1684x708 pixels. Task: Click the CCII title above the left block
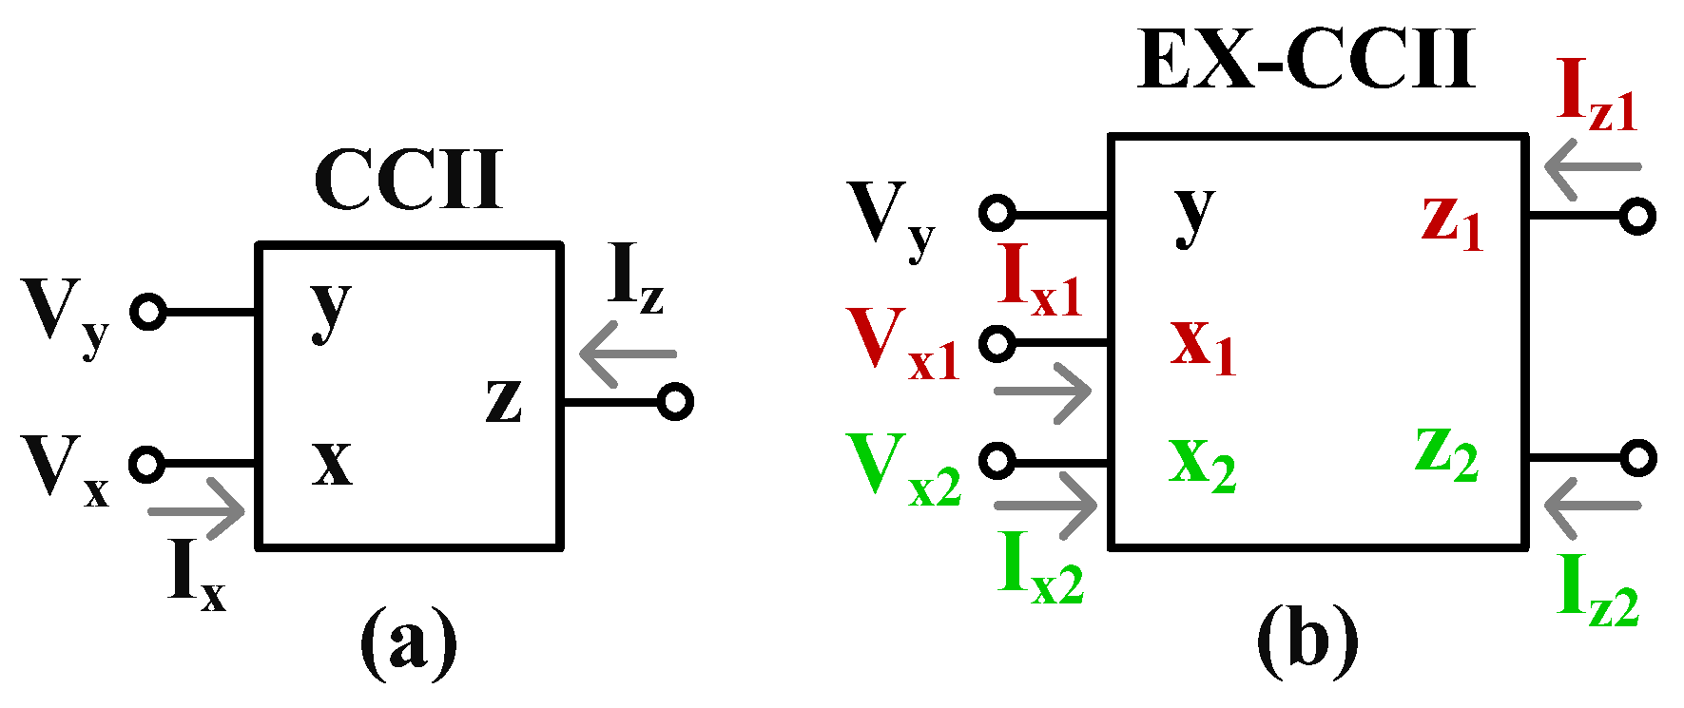[x=407, y=181]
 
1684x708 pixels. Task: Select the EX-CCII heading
[x=1306, y=60]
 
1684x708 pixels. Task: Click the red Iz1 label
[x=1597, y=95]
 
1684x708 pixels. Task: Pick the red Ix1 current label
[x=1041, y=280]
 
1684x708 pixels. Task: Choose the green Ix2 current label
[x=1041, y=571]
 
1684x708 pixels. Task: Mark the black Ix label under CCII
[x=197, y=575]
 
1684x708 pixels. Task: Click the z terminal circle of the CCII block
[x=675, y=403]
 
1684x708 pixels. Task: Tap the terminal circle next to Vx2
[x=997, y=461]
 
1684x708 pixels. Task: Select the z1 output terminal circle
[x=1636, y=217]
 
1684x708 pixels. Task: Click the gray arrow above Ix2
[x=1045, y=504]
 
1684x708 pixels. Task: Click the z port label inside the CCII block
[x=503, y=400]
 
